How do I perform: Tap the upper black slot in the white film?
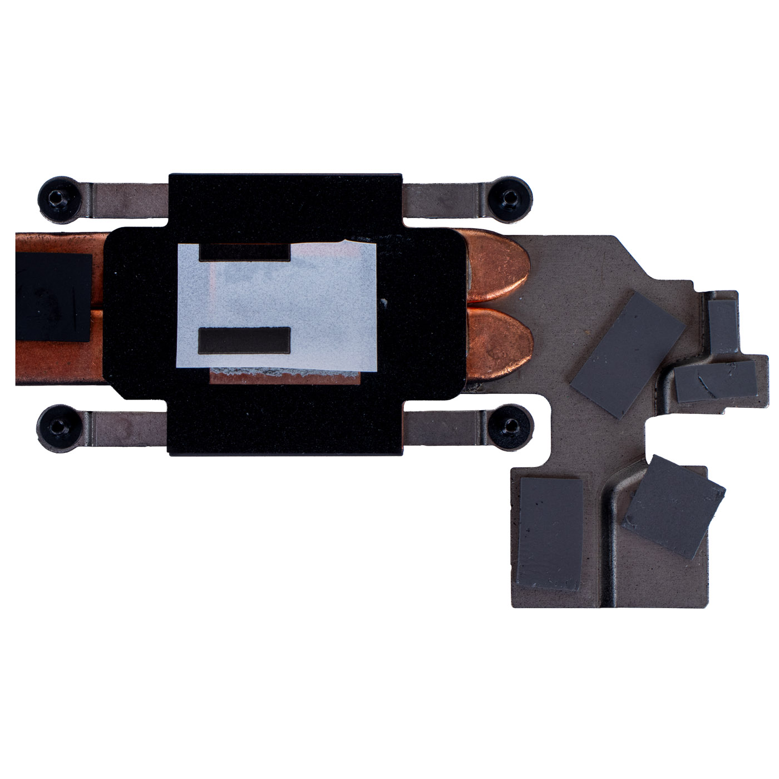[x=244, y=252]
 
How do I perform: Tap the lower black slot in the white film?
[x=244, y=340]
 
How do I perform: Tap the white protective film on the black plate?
[x=312, y=300]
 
